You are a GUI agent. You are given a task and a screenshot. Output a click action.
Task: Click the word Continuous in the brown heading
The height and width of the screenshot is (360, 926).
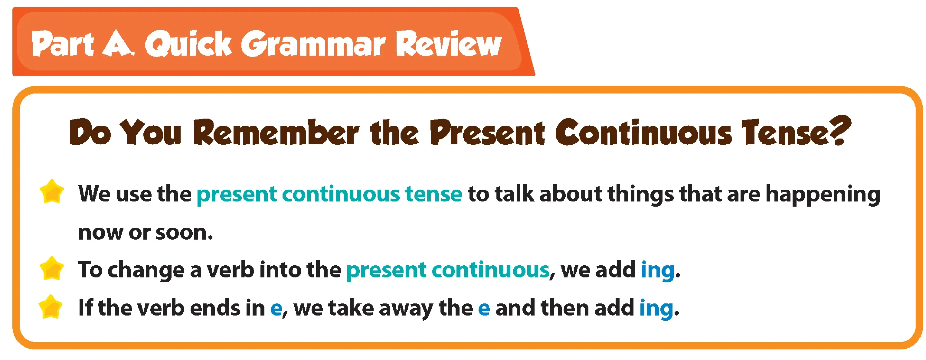coord(643,132)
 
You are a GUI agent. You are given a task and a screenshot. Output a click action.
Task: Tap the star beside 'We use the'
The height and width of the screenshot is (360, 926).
coord(52,192)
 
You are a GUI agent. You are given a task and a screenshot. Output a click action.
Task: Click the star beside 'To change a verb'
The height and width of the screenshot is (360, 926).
coord(52,268)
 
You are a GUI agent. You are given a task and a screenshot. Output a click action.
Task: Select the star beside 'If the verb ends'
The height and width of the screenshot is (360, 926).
coord(51,307)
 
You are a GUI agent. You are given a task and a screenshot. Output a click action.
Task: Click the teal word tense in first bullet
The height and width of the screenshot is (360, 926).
coord(433,194)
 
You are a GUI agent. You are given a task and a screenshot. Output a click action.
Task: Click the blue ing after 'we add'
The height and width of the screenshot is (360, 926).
coord(657,270)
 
